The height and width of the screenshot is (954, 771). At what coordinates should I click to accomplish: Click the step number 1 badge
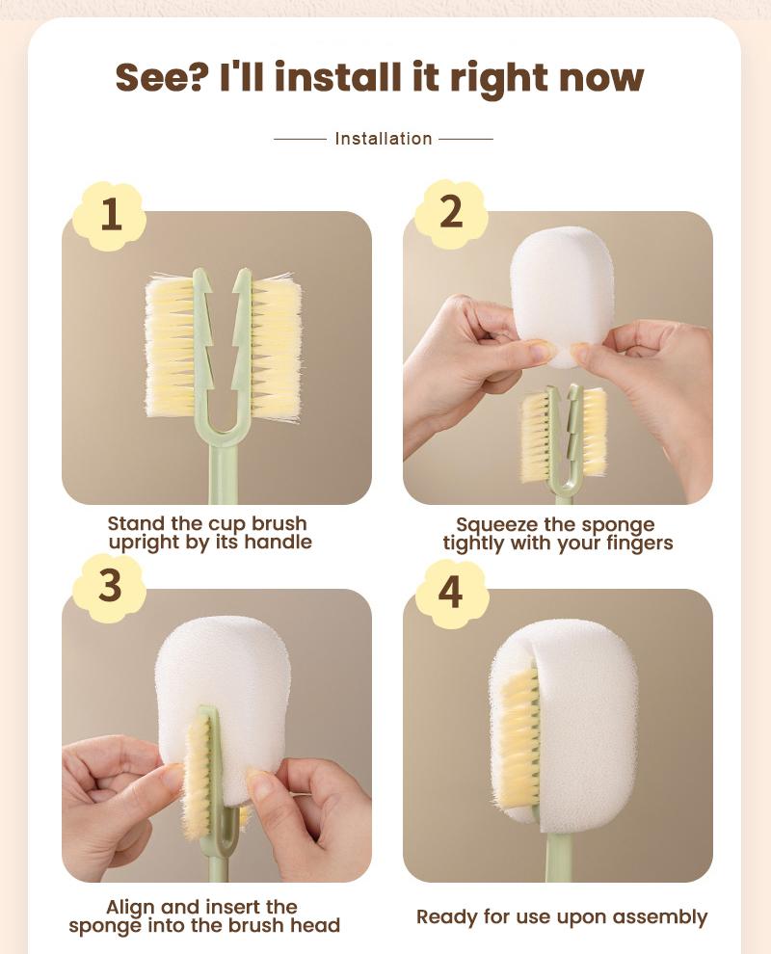(111, 214)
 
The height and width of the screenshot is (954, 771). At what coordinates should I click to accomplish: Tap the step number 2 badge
(450, 212)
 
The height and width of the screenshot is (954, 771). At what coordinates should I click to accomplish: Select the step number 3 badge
(110, 588)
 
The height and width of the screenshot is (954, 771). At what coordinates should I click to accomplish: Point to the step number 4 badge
(450, 589)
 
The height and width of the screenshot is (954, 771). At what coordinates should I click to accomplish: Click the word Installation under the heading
(384, 139)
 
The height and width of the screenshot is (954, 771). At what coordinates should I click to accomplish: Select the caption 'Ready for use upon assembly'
(562, 916)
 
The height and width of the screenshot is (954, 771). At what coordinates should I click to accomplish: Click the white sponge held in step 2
(562, 284)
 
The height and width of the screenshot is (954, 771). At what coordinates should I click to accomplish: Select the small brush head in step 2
(564, 434)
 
